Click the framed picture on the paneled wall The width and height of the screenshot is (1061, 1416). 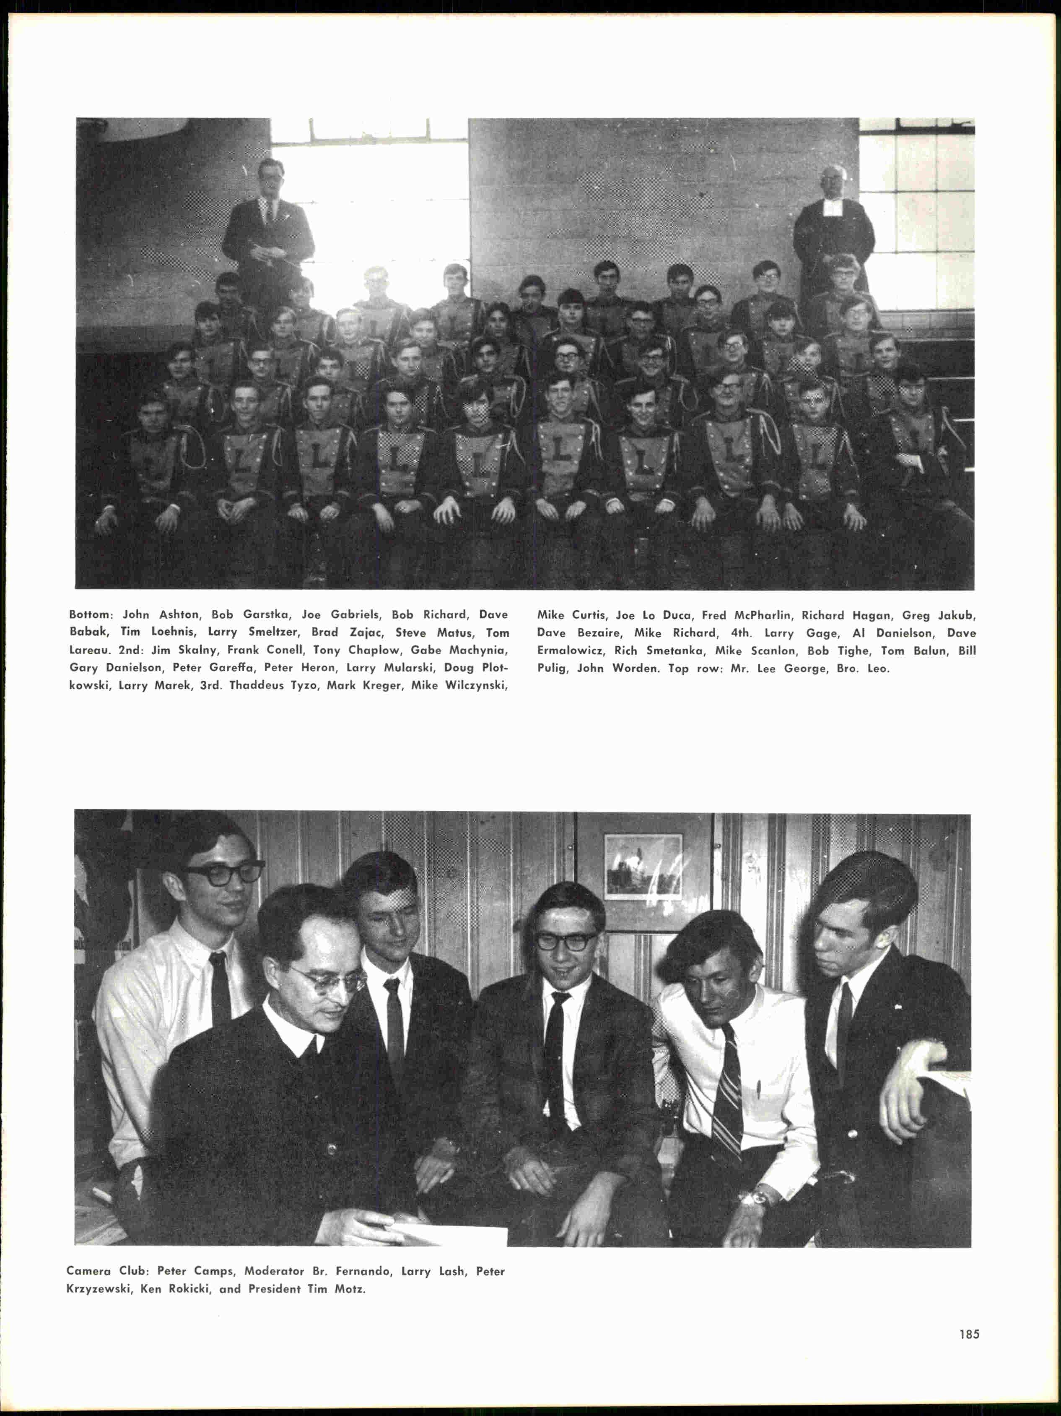tap(643, 865)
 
